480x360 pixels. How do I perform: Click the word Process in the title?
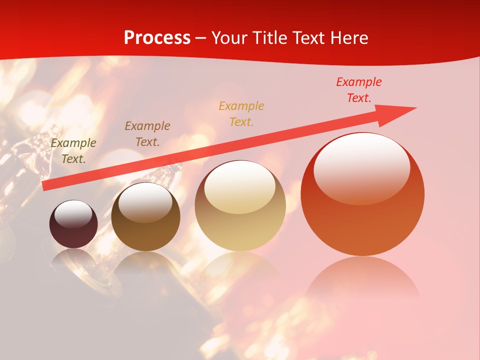click(157, 38)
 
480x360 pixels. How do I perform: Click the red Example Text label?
click(358, 90)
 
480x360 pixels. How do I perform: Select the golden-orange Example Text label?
click(241, 113)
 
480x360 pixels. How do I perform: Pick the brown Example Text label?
click(147, 133)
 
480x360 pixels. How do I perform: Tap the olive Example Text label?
click(73, 150)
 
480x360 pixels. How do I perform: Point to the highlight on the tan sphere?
click(240, 186)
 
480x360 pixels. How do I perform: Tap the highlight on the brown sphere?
click(145, 201)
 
